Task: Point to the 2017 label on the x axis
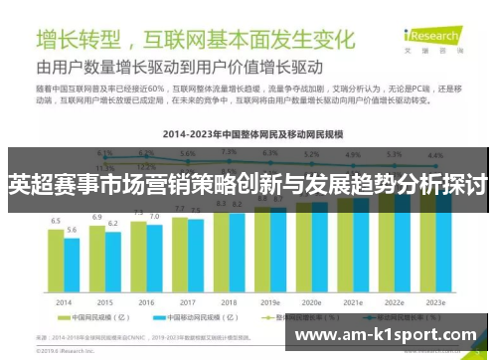(x=188, y=301)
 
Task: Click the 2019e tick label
(x=268, y=301)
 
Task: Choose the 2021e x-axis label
(x=351, y=301)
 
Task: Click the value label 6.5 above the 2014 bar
(x=56, y=221)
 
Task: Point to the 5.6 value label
(x=72, y=230)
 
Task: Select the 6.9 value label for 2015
(x=97, y=216)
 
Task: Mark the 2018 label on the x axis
(x=228, y=301)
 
